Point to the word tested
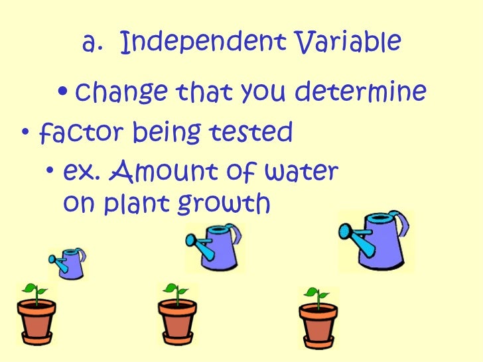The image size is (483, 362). pos(255,133)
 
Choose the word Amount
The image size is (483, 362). pos(153,173)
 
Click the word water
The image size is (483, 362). pos(301,173)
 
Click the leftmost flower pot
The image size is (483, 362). pos(36,322)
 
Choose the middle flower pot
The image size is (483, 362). pos(176,322)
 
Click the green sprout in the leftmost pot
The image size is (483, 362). pos(34,292)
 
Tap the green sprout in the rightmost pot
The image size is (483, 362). pos(316,296)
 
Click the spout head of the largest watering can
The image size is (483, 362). pos(346,232)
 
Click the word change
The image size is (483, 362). pos(117,93)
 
